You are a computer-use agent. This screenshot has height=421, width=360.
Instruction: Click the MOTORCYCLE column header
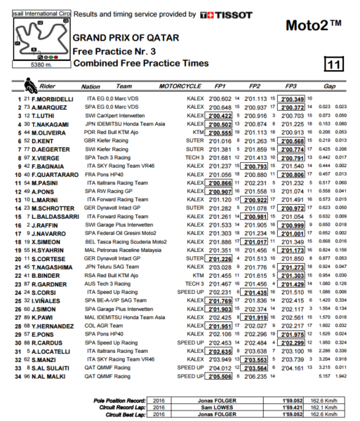tap(183, 87)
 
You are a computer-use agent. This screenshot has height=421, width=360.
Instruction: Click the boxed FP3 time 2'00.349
tap(292, 100)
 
